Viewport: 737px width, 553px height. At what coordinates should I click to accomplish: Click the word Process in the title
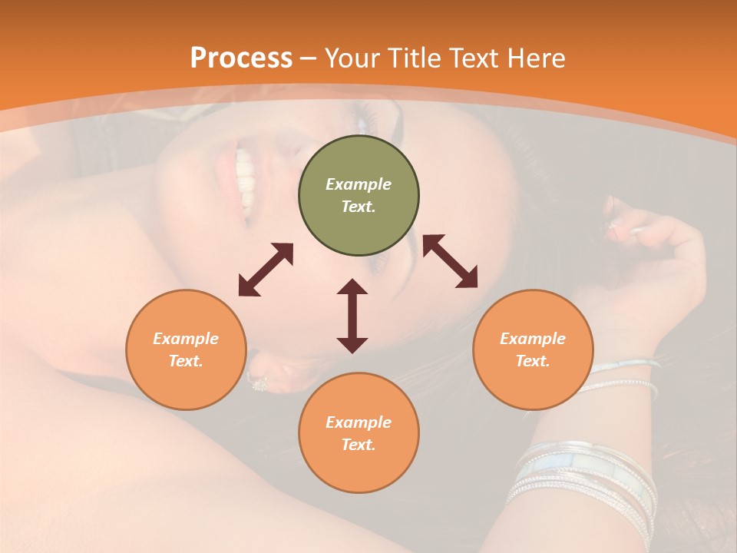pyautogui.click(x=241, y=58)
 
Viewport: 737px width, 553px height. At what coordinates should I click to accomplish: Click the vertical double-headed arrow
pyautogui.click(x=352, y=316)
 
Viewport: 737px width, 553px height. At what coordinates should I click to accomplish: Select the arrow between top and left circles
pyautogui.click(x=266, y=270)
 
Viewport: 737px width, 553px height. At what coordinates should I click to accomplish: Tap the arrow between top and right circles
pyautogui.click(x=450, y=262)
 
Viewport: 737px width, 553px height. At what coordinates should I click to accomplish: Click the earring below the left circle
pyautogui.click(x=257, y=382)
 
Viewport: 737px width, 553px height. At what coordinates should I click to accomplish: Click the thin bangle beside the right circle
pyautogui.click(x=622, y=366)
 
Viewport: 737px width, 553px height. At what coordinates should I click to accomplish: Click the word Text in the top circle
pyautogui.click(x=358, y=207)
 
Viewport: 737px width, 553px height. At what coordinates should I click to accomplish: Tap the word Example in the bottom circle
pyautogui.click(x=359, y=422)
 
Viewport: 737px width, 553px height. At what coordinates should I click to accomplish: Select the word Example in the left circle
pyautogui.click(x=186, y=339)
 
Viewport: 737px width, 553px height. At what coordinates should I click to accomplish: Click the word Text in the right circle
pyautogui.click(x=532, y=361)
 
